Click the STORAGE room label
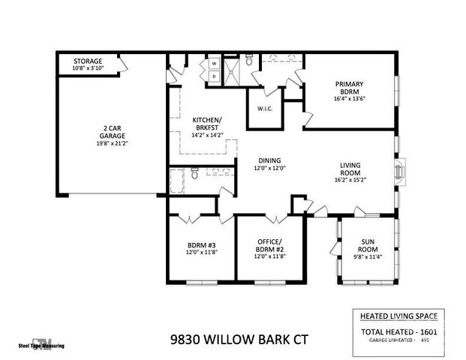[88, 61]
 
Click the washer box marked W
[213, 63]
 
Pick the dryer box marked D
[213, 76]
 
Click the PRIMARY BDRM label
[350, 88]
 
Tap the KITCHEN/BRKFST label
[207, 124]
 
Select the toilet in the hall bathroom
[195, 175]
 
